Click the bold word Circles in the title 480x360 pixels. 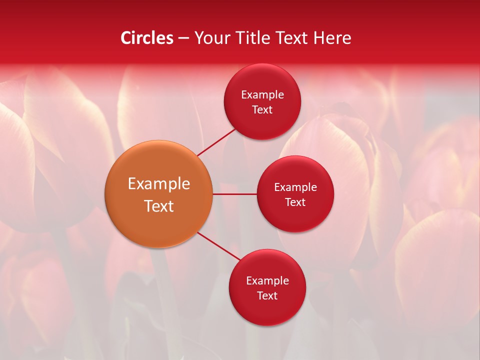pyautogui.click(x=147, y=38)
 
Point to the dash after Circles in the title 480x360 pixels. pyautogui.click(x=183, y=38)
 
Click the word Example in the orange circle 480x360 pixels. pyautogui.click(x=159, y=184)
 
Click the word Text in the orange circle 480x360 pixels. pyautogui.click(x=159, y=206)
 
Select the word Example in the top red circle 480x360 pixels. pyautogui.click(x=262, y=95)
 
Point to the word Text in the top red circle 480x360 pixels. pyautogui.click(x=262, y=109)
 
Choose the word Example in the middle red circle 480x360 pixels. pyautogui.click(x=295, y=187)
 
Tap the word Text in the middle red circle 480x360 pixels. pyautogui.click(x=295, y=202)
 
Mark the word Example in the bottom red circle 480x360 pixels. pyautogui.click(x=267, y=281)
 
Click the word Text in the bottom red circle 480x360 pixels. pyautogui.click(x=267, y=295)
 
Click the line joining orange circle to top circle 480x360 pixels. pyautogui.click(x=216, y=142)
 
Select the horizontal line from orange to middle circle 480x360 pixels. pyautogui.click(x=234, y=194)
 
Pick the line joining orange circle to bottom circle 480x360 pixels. pyautogui.click(x=219, y=246)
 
